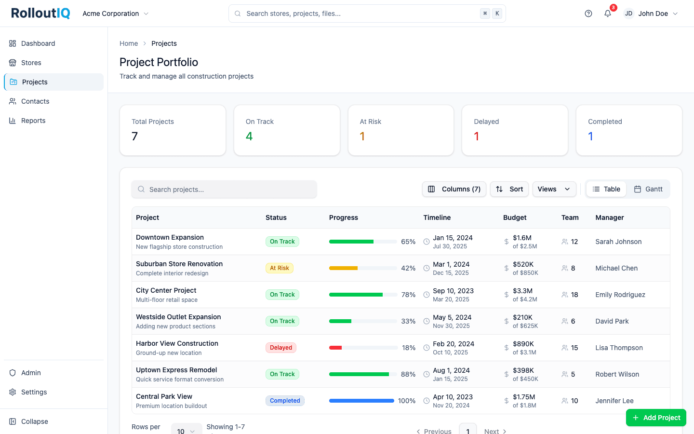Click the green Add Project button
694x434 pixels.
click(x=656, y=418)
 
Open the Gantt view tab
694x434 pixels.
click(x=648, y=189)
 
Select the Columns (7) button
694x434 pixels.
click(x=454, y=189)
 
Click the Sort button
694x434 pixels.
click(x=509, y=189)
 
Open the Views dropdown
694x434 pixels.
click(x=554, y=189)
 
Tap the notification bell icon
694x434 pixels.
click(x=608, y=14)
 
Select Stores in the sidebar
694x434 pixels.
click(x=31, y=63)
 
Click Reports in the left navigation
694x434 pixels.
click(x=33, y=121)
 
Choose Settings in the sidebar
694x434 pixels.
click(x=34, y=392)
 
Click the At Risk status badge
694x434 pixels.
click(x=280, y=268)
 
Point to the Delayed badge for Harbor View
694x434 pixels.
click(x=281, y=348)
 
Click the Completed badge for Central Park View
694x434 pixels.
click(x=285, y=401)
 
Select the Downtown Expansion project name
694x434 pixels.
click(x=170, y=237)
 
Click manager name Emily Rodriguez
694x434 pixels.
click(x=620, y=295)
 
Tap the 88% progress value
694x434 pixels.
click(x=408, y=374)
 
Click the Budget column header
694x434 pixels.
click(x=515, y=217)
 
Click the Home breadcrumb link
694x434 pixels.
click(x=129, y=43)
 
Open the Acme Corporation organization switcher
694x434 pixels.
click(x=116, y=14)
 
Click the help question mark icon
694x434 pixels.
click(x=588, y=14)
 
